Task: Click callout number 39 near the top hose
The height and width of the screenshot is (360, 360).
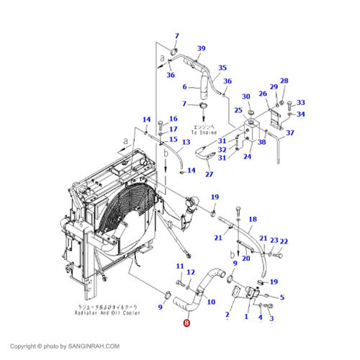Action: (x=201, y=48)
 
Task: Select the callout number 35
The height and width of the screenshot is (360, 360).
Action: (x=222, y=67)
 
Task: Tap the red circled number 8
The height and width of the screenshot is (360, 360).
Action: (x=187, y=324)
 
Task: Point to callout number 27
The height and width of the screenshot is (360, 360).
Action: (x=210, y=174)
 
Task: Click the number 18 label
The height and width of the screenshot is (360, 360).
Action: (x=253, y=219)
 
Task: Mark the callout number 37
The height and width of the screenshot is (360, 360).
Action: (x=290, y=133)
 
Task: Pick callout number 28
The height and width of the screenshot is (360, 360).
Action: (x=284, y=81)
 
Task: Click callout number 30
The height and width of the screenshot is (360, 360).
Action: (x=246, y=96)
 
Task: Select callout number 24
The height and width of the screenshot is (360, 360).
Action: (x=247, y=157)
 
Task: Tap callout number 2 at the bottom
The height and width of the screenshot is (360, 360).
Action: (x=227, y=315)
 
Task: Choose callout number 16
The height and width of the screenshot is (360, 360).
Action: (x=173, y=119)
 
